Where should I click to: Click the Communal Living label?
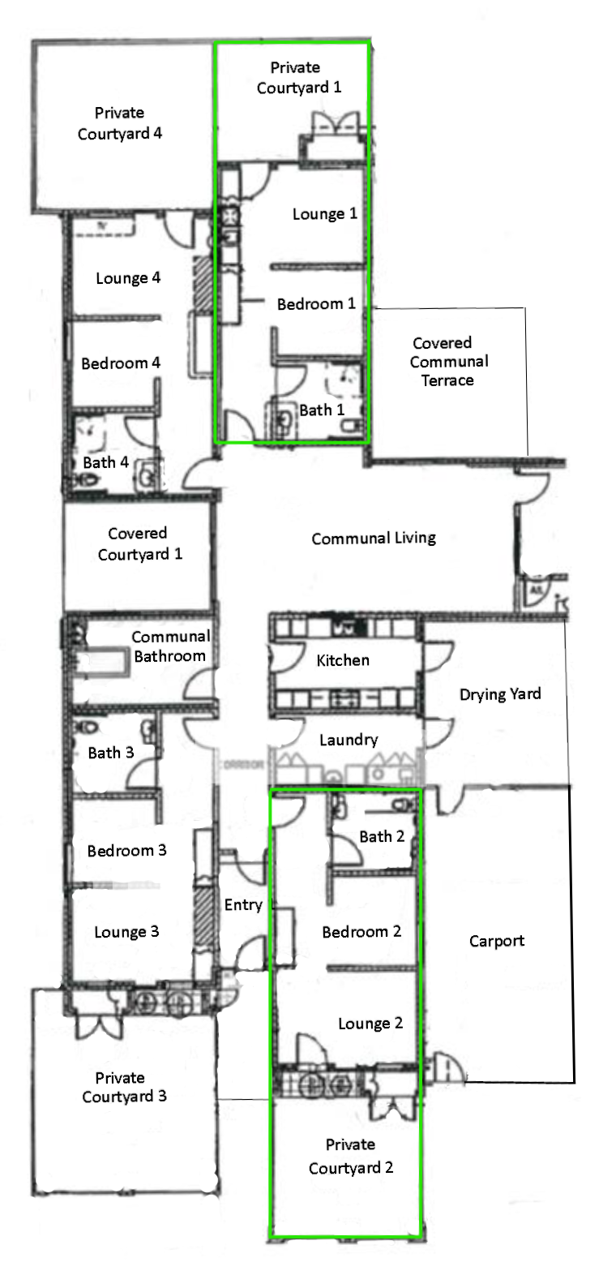point(374,539)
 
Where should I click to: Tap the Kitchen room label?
point(343,660)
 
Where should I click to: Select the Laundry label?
point(349,740)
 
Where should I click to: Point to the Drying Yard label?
point(500,694)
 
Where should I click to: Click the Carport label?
point(497,941)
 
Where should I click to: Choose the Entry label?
point(243,906)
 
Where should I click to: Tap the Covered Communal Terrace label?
point(448,362)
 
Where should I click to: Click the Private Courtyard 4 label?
point(119,123)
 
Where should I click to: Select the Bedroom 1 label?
point(316,304)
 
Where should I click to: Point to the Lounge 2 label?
point(370,1024)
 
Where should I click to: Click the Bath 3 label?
point(111,753)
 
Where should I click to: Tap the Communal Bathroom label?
point(171,646)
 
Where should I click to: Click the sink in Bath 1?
point(283,421)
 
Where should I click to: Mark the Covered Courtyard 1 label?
point(140,543)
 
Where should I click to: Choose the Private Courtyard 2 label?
point(351,1156)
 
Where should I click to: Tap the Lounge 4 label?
point(128,278)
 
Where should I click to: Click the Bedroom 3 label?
point(126,851)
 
